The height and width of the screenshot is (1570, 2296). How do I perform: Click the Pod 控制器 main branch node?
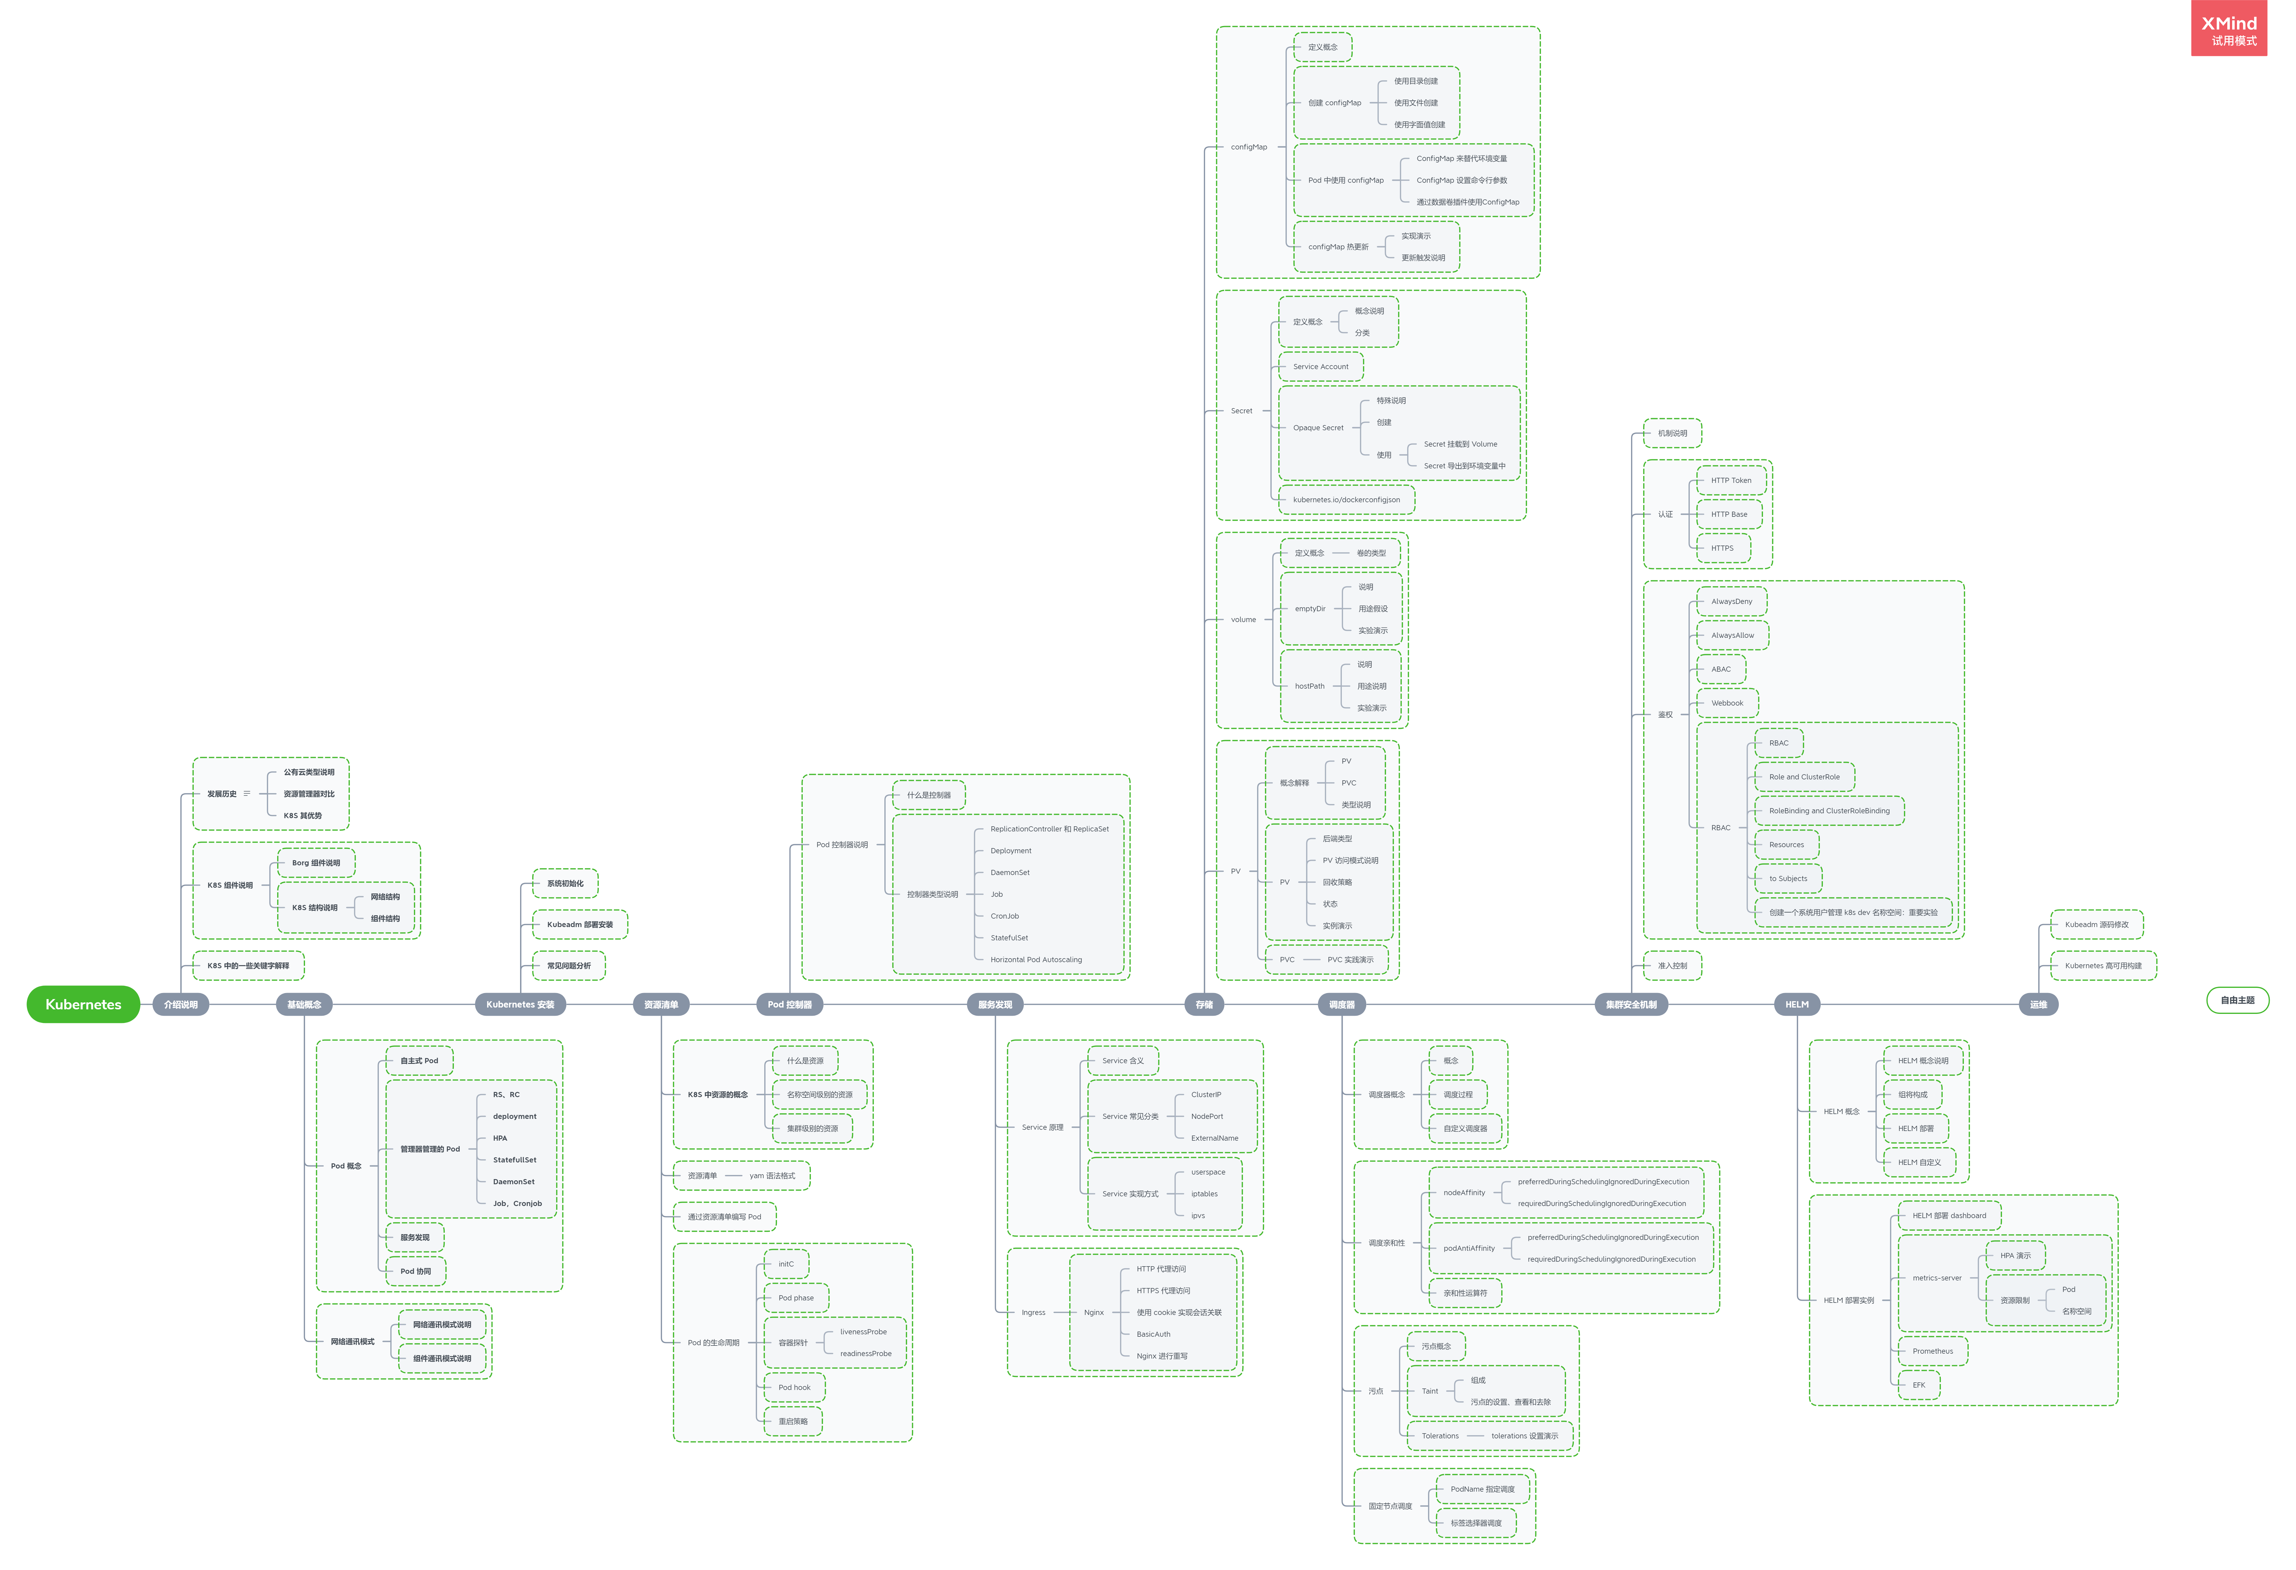click(789, 1005)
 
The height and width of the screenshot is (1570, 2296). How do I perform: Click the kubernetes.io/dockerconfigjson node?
click(1346, 500)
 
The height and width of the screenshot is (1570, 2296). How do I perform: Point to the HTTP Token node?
click(1731, 480)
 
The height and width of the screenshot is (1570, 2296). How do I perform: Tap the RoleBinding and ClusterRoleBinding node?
click(1829, 811)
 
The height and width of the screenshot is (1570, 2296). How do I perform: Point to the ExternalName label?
click(1214, 1138)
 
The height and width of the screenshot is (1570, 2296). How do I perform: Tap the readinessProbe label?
click(866, 1354)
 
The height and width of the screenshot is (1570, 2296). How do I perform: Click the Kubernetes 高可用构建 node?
click(2102, 966)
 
